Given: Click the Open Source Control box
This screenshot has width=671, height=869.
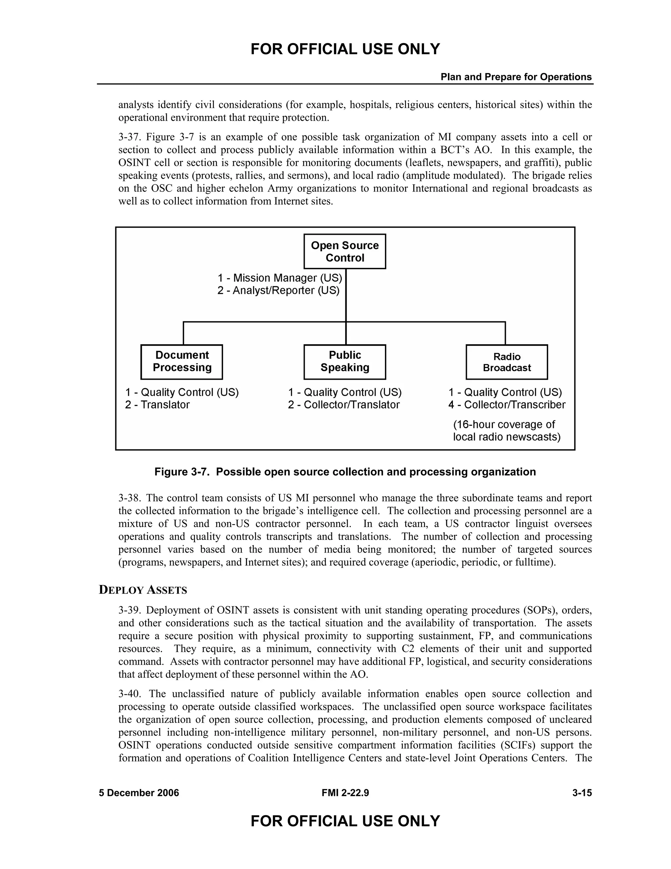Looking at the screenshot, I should (345, 252).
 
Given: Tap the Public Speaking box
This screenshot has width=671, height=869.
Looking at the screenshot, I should (345, 361).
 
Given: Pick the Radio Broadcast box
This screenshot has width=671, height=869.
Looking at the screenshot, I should (507, 362).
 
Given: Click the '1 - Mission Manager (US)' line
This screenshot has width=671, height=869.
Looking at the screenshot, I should (279, 278).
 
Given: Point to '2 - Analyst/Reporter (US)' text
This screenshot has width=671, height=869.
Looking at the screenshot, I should (278, 291).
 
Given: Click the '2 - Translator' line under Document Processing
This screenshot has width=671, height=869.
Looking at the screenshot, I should (157, 405).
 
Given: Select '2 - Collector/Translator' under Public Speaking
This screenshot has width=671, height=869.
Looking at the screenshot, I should (344, 405).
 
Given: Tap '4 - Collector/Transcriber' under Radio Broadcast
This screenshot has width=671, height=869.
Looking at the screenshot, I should (507, 405).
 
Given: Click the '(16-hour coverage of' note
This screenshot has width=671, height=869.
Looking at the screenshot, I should (504, 425).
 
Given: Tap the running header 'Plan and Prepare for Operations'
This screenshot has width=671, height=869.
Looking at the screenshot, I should (516, 77).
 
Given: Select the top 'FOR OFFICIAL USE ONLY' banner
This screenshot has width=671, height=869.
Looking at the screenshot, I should (345, 49).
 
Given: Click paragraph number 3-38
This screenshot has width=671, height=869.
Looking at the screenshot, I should (129, 498).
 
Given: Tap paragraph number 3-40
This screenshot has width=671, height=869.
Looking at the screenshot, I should (129, 694).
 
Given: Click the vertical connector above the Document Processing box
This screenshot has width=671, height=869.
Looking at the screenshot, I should (184, 333).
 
